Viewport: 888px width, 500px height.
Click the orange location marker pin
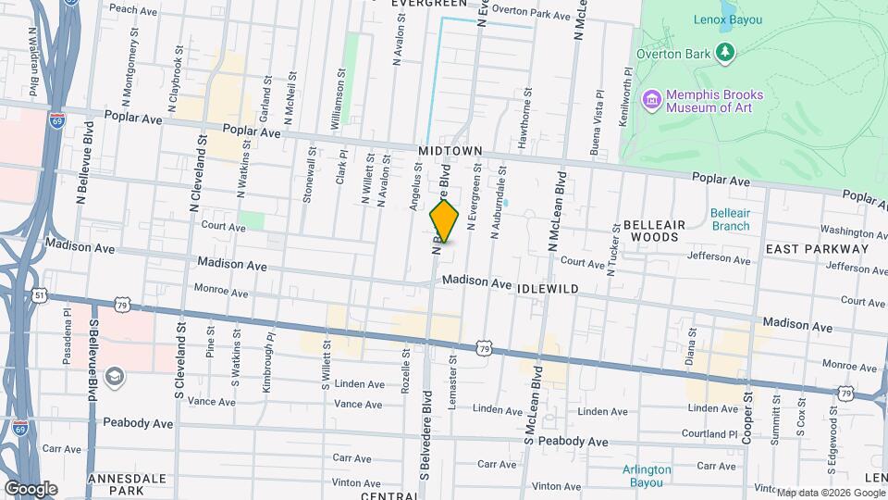tap(445, 222)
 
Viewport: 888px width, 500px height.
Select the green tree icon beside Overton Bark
tap(726, 53)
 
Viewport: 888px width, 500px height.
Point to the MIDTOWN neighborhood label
tap(450, 150)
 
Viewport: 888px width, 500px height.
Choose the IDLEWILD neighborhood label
tap(549, 289)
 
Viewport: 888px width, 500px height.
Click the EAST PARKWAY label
tap(818, 249)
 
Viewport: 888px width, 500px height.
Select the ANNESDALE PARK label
tap(128, 484)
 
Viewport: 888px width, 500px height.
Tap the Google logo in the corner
tap(31, 488)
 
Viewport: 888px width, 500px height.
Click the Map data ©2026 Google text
tap(830, 493)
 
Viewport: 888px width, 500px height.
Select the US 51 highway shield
tap(39, 294)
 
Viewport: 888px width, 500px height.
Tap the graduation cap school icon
tap(114, 376)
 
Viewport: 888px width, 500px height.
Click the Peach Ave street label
tap(136, 9)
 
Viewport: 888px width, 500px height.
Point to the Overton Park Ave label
tap(531, 14)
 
